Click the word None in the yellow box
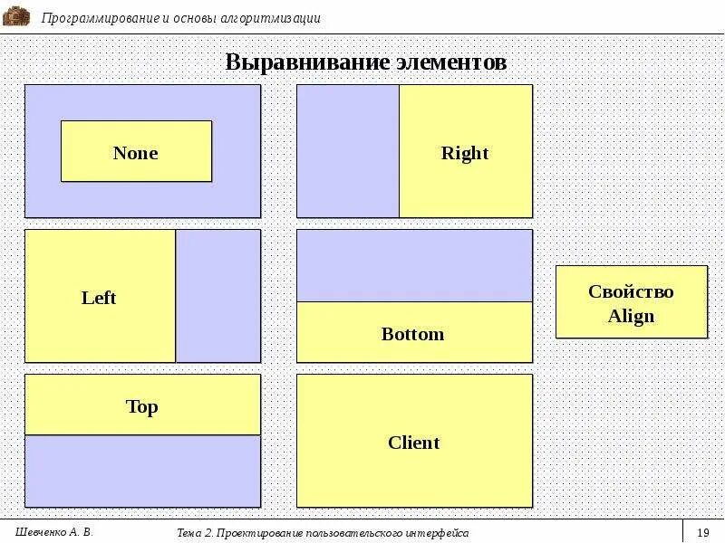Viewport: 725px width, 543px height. pyautogui.click(x=135, y=153)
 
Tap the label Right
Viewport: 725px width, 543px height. pyautogui.click(x=465, y=153)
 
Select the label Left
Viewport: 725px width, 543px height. pyautogui.click(x=99, y=298)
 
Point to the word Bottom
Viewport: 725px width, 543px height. pyautogui.click(x=412, y=334)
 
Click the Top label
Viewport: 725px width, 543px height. pyautogui.click(x=141, y=406)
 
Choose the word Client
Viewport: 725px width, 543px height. pyautogui.click(x=413, y=443)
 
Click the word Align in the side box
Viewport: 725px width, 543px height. pyautogui.click(x=631, y=317)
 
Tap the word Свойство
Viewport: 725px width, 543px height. pyautogui.click(x=631, y=291)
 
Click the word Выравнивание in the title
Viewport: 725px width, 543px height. pyautogui.click(x=307, y=62)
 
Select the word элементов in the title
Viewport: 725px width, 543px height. pyautogui.click(x=450, y=62)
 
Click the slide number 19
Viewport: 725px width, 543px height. pyautogui.click(x=703, y=532)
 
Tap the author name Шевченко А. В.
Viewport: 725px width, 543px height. pyautogui.click(x=54, y=532)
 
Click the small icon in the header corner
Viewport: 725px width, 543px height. pyautogui.click(x=16, y=15)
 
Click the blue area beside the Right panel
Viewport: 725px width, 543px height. pyautogui.click(x=348, y=151)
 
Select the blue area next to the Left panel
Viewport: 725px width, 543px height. pyautogui.click(x=217, y=296)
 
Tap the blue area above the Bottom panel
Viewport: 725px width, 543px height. pyautogui.click(x=414, y=265)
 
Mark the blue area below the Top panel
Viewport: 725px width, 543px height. pyautogui.click(x=142, y=471)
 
